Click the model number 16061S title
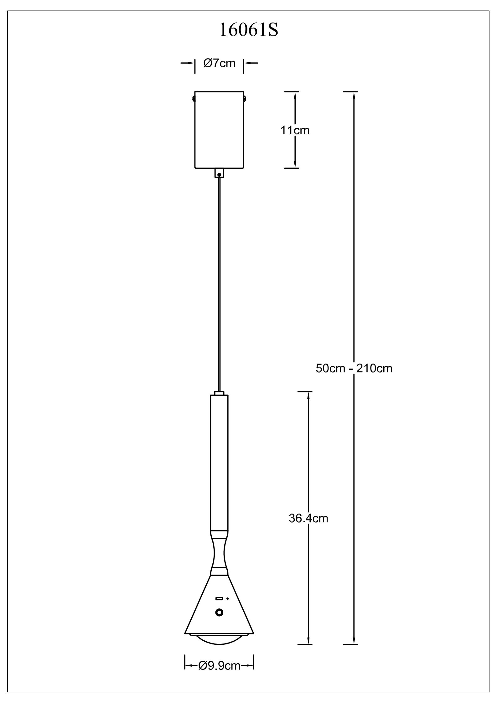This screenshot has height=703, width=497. click(x=249, y=30)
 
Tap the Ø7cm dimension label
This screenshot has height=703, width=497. click(x=219, y=63)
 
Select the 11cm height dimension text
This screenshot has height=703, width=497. click(x=295, y=130)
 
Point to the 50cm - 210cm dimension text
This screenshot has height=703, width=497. click(x=354, y=369)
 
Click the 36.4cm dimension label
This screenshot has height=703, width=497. click(x=308, y=519)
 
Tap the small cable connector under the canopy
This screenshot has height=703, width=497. click(x=219, y=173)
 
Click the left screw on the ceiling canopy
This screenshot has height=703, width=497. click(x=194, y=99)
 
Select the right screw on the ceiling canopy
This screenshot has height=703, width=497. click(x=245, y=99)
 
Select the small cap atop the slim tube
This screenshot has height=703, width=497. click(x=219, y=393)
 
